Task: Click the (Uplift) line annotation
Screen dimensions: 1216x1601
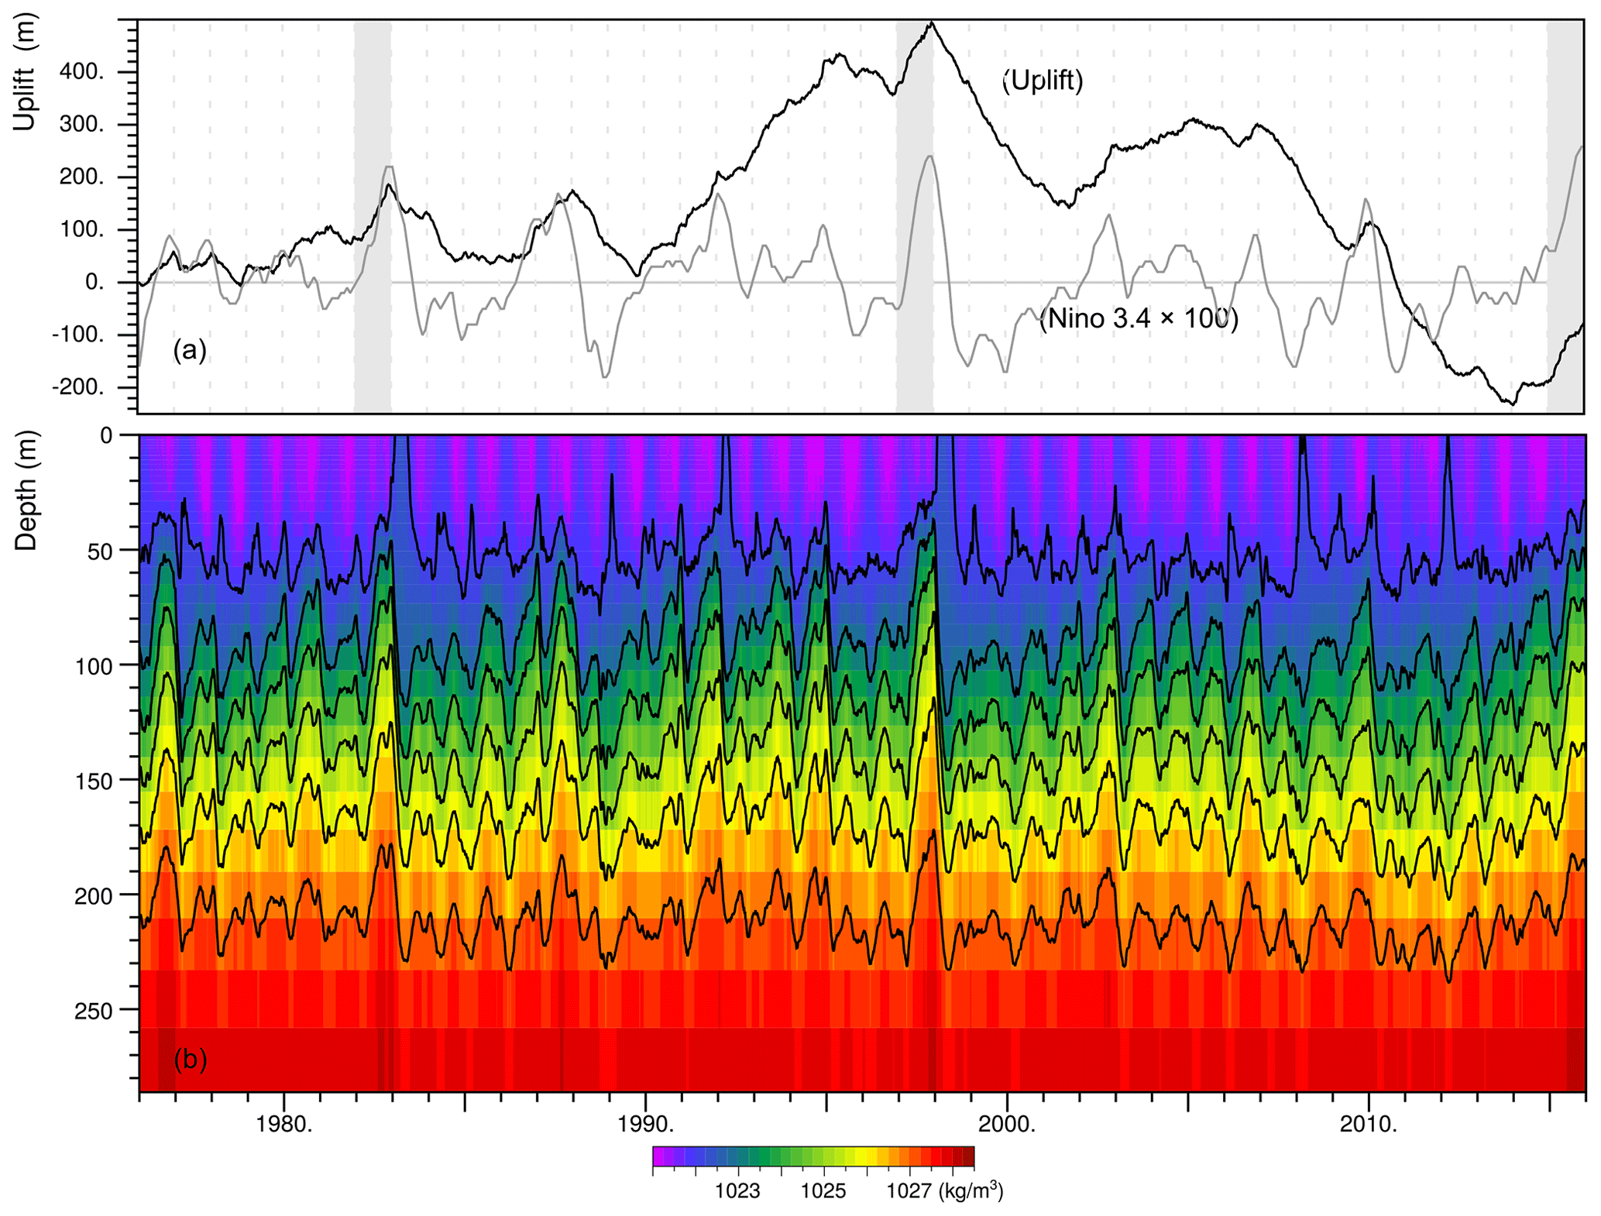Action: [1043, 81]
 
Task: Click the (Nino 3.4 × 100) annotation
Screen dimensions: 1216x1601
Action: [1138, 318]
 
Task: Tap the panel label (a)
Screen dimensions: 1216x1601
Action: [190, 350]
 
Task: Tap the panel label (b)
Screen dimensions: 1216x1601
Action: [190, 1059]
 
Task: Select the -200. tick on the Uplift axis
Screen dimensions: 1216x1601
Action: [77, 387]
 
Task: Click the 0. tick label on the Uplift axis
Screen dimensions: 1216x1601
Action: [94, 283]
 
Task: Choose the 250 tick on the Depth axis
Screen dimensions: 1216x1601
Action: [94, 1011]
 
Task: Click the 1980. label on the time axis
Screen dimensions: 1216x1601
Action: [284, 1125]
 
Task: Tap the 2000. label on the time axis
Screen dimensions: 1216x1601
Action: [1007, 1125]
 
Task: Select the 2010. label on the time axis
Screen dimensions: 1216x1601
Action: [1369, 1125]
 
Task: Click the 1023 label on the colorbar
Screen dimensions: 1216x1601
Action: [737, 1190]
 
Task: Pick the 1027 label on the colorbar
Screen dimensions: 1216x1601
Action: [909, 1190]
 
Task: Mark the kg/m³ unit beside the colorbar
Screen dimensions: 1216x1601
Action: [971, 1190]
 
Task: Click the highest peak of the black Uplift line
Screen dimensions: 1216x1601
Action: [933, 22]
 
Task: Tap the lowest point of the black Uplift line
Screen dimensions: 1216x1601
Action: [1513, 404]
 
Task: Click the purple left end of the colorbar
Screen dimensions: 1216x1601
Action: [658, 1156]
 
